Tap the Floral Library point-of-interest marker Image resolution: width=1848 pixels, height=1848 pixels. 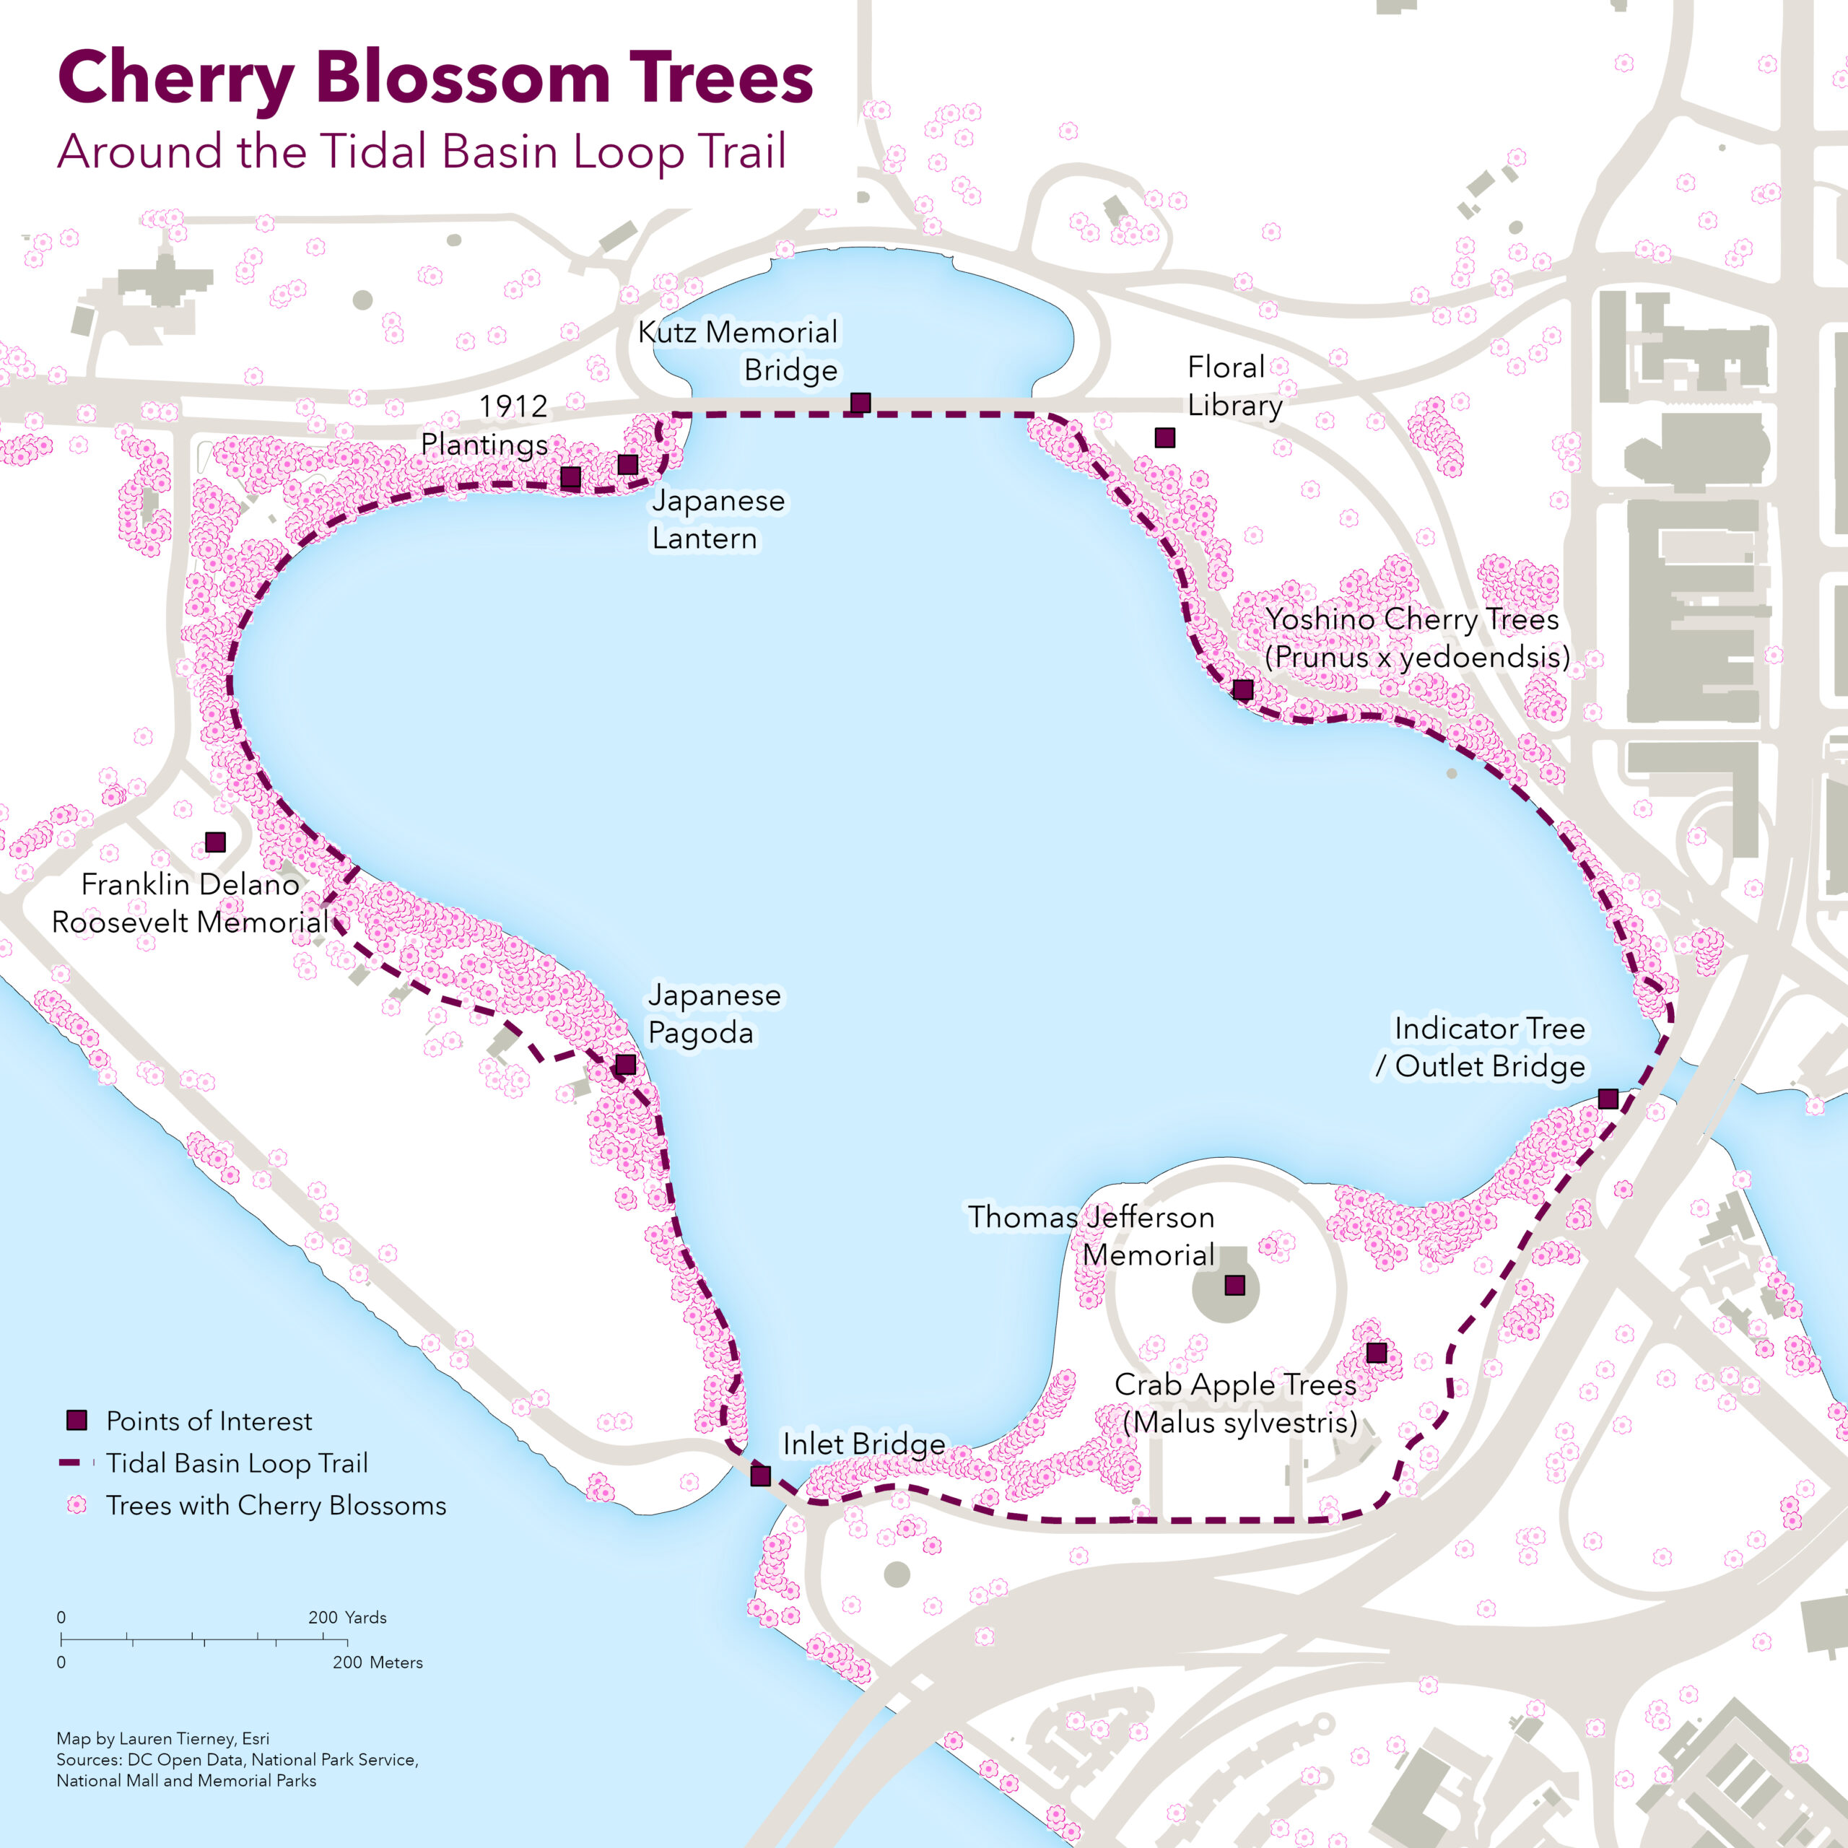click(1164, 438)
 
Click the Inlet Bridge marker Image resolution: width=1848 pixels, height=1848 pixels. click(760, 1476)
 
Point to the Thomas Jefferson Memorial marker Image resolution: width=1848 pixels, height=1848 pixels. click(1235, 1285)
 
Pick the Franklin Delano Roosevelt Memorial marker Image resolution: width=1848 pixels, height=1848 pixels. click(216, 842)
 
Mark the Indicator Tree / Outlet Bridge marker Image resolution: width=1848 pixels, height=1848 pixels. click(1608, 1098)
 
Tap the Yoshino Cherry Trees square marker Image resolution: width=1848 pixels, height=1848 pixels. click(1242, 689)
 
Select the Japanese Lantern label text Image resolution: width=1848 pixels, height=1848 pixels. click(718, 520)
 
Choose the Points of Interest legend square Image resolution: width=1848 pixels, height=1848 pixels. click(77, 1421)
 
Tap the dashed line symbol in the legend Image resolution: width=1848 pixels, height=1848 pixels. click(77, 1463)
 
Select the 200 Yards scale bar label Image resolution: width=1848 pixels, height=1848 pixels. click(347, 1618)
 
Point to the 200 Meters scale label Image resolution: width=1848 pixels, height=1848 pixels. click(377, 1662)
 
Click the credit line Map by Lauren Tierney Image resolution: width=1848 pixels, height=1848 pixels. click(162, 1738)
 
